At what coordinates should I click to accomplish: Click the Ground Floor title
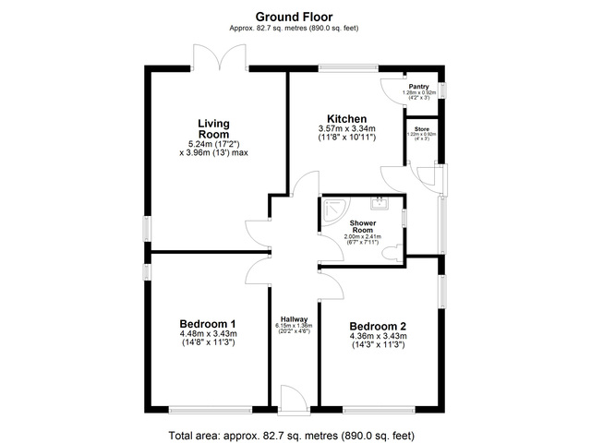pyautogui.click(x=295, y=16)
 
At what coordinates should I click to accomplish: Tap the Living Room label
pyautogui.click(x=213, y=128)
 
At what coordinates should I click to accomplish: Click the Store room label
pyautogui.click(x=421, y=128)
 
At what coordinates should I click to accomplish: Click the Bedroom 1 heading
pyautogui.click(x=208, y=323)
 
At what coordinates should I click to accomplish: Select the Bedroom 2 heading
pyautogui.click(x=377, y=326)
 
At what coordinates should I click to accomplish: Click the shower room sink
pyautogui.click(x=380, y=204)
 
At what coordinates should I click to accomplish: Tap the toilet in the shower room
pyautogui.click(x=395, y=250)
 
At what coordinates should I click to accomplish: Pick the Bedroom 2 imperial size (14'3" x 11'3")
pyautogui.click(x=377, y=346)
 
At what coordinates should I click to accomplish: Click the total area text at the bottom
pyautogui.click(x=295, y=434)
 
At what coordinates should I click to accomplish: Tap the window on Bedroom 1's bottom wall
pyautogui.click(x=208, y=408)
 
